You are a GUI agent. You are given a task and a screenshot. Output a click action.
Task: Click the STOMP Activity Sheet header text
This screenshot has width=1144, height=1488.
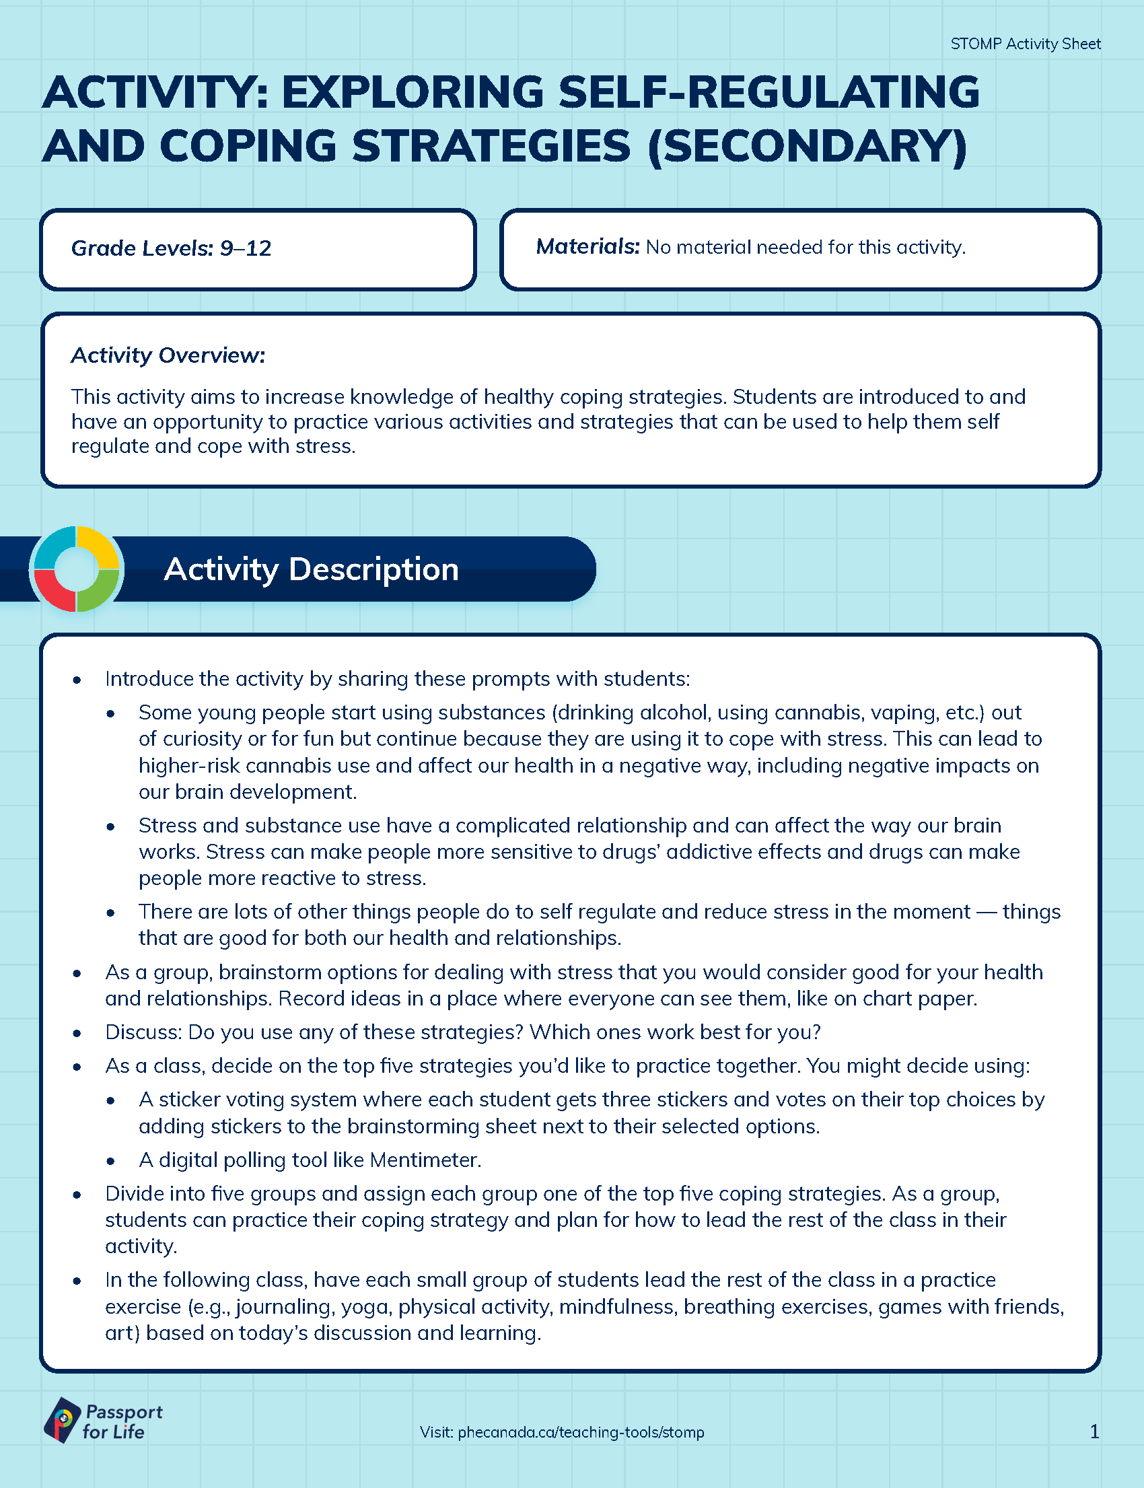coord(1025,44)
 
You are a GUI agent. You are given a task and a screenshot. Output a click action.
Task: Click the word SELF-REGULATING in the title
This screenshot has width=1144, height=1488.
coord(766,92)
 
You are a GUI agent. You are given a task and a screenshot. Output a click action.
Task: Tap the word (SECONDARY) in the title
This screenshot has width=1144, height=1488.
coord(807,147)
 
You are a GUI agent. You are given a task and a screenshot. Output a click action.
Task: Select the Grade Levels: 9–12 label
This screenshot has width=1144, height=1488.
coord(171,248)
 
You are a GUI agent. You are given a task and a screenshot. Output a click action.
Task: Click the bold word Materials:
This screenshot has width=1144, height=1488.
coord(587,246)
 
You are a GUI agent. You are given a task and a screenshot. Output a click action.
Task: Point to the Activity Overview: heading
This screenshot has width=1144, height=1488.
coord(168,355)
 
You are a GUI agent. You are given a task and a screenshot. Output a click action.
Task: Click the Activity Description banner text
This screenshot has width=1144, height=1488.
coord(311,569)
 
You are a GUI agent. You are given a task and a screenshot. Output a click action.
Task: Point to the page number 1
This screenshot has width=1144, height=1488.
coord(1094,1431)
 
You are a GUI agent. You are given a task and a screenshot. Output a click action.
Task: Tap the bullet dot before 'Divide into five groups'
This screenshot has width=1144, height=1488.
coord(77,1195)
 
